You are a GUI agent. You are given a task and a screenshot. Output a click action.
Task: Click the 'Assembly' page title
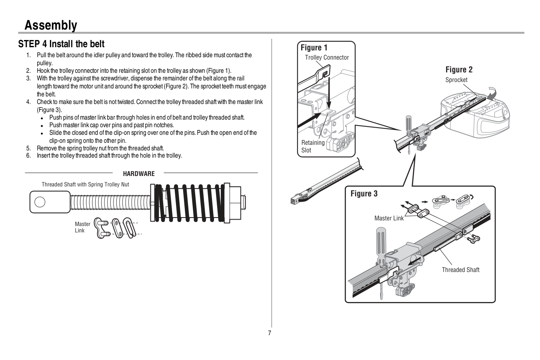50,25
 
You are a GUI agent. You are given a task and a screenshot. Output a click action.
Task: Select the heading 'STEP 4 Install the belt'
61,44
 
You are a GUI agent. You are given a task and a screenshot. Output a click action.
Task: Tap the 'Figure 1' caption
314,48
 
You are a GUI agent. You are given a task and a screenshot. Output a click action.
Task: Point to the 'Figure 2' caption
459,70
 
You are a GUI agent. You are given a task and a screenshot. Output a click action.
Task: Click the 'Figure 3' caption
364,194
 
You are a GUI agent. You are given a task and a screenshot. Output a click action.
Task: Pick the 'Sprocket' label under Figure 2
456,80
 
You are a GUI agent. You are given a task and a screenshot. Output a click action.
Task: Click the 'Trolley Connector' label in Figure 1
327,58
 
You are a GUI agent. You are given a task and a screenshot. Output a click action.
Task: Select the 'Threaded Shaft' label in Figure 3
460,270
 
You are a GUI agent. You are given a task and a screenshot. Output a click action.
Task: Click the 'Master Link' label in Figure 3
389,218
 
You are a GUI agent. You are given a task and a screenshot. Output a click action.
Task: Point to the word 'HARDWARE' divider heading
138,174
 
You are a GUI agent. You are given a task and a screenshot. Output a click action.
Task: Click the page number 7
270,333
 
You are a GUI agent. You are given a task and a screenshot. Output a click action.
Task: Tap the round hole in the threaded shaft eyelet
40,202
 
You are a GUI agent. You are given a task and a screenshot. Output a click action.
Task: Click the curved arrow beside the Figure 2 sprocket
491,92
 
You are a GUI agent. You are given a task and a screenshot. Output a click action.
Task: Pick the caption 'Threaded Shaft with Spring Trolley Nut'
85,184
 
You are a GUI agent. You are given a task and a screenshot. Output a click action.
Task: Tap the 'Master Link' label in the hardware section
82,227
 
